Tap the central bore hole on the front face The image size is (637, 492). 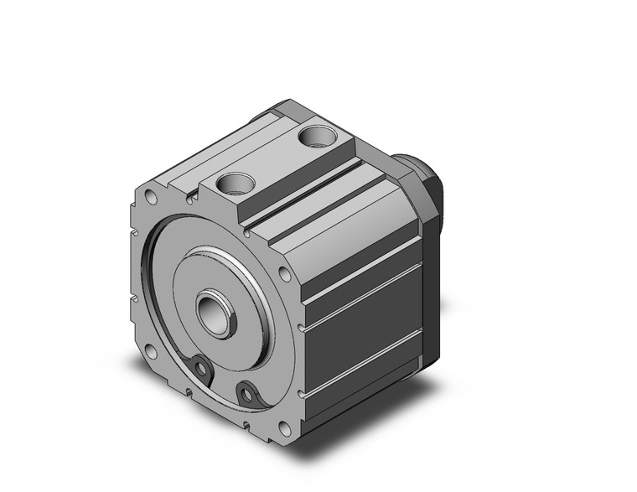pyautogui.click(x=215, y=313)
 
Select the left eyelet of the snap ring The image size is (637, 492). pyautogui.click(x=199, y=366)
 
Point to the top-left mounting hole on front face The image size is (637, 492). pyautogui.click(x=151, y=198)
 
